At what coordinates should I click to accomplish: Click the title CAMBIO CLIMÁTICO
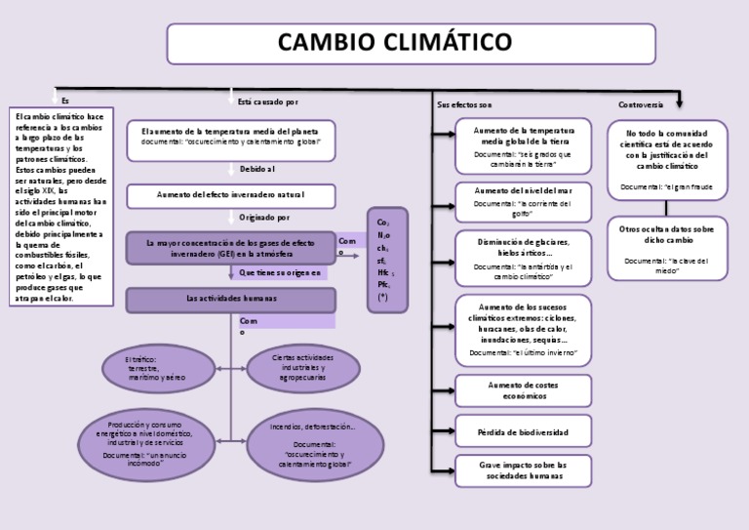pyautogui.click(x=411, y=43)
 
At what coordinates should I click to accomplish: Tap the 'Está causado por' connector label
pyautogui.click(x=268, y=102)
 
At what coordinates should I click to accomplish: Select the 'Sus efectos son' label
pyautogui.click(x=465, y=103)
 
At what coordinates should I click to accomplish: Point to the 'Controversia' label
pyautogui.click(x=641, y=103)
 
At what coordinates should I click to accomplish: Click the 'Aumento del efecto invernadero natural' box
pyautogui.click(x=231, y=195)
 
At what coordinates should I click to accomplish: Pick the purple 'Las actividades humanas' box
pyautogui.click(x=231, y=298)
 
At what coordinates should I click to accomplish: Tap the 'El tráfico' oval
pyautogui.click(x=156, y=368)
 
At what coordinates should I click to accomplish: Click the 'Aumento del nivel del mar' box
pyautogui.click(x=523, y=196)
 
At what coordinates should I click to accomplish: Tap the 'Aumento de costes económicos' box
pyautogui.click(x=523, y=390)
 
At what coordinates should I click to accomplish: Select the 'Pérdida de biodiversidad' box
pyautogui.click(x=523, y=431)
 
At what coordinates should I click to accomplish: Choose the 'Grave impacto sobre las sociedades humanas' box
pyautogui.click(x=523, y=469)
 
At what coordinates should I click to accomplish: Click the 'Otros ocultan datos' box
pyautogui.click(x=666, y=246)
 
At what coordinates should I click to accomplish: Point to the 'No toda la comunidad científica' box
pyautogui.click(x=666, y=157)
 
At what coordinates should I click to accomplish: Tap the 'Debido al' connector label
pyautogui.click(x=257, y=169)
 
